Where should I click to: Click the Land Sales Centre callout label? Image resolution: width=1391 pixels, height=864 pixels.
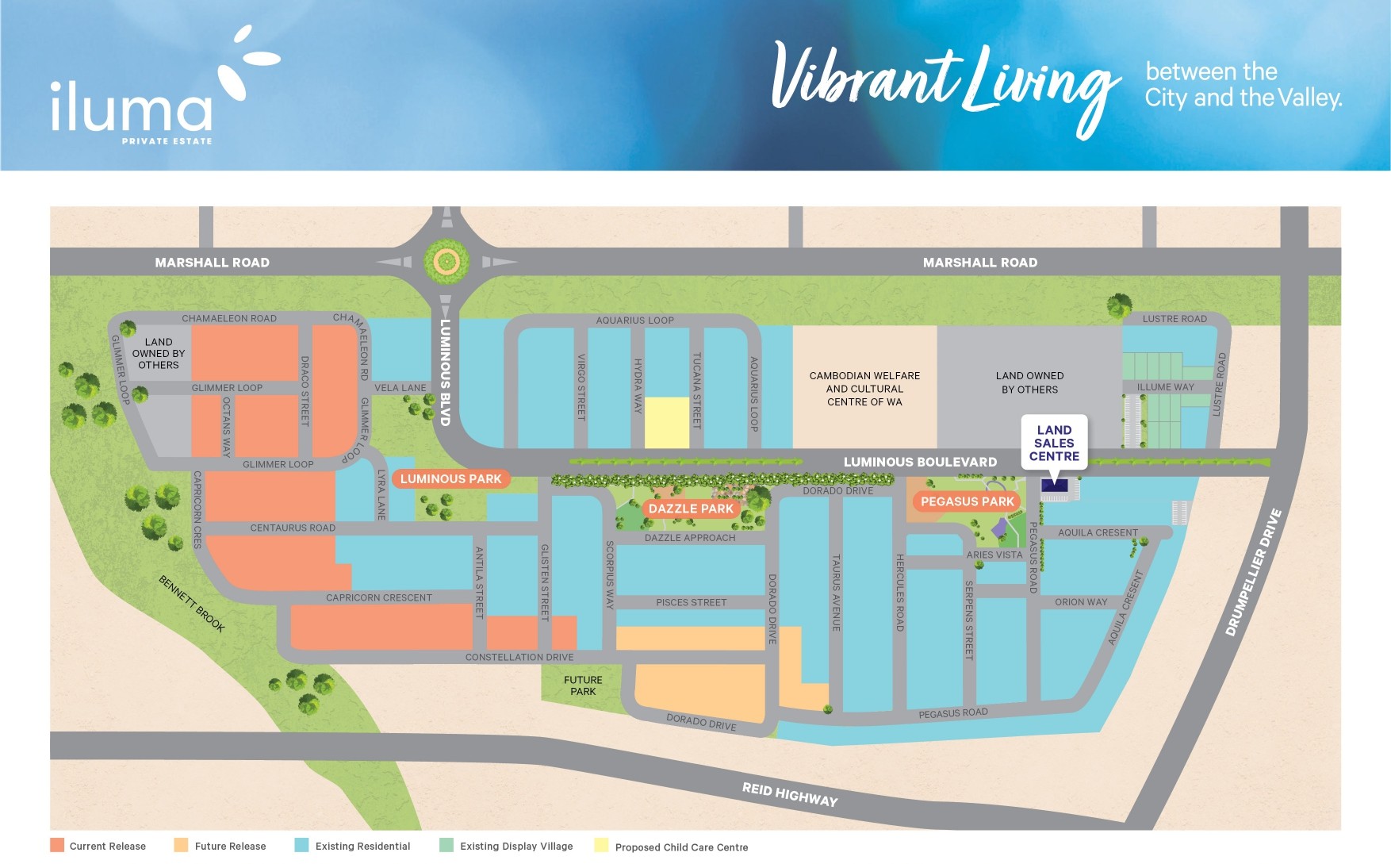pos(1054,443)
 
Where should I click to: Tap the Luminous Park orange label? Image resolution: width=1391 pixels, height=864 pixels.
pos(450,478)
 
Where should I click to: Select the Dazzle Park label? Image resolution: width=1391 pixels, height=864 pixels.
pos(691,509)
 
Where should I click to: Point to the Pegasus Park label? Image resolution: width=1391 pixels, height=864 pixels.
pos(967,501)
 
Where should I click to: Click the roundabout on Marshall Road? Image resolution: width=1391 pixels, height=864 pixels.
pos(446,261)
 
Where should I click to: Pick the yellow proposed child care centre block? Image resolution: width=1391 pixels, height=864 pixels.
pos(666,422)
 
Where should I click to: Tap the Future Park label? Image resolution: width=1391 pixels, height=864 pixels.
pos(583,685)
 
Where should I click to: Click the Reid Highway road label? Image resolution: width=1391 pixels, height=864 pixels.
pos(789,793)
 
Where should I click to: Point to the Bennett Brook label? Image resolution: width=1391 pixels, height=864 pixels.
pos(192,603)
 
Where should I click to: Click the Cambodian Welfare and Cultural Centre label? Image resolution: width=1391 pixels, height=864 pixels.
pos(864,389)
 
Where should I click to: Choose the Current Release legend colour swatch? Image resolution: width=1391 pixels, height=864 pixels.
pos(57,845)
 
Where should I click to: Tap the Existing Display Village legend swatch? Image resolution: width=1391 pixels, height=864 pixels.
pos(446,845)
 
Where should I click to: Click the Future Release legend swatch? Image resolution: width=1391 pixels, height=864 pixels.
pos(182,845)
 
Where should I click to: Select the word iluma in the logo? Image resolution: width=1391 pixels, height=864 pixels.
pos(131,107)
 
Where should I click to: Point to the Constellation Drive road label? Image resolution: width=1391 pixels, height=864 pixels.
pos(519,657)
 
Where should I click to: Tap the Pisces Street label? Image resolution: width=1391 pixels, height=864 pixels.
pos(691,602)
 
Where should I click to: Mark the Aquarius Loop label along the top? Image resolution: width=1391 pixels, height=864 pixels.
pos(634,321)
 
